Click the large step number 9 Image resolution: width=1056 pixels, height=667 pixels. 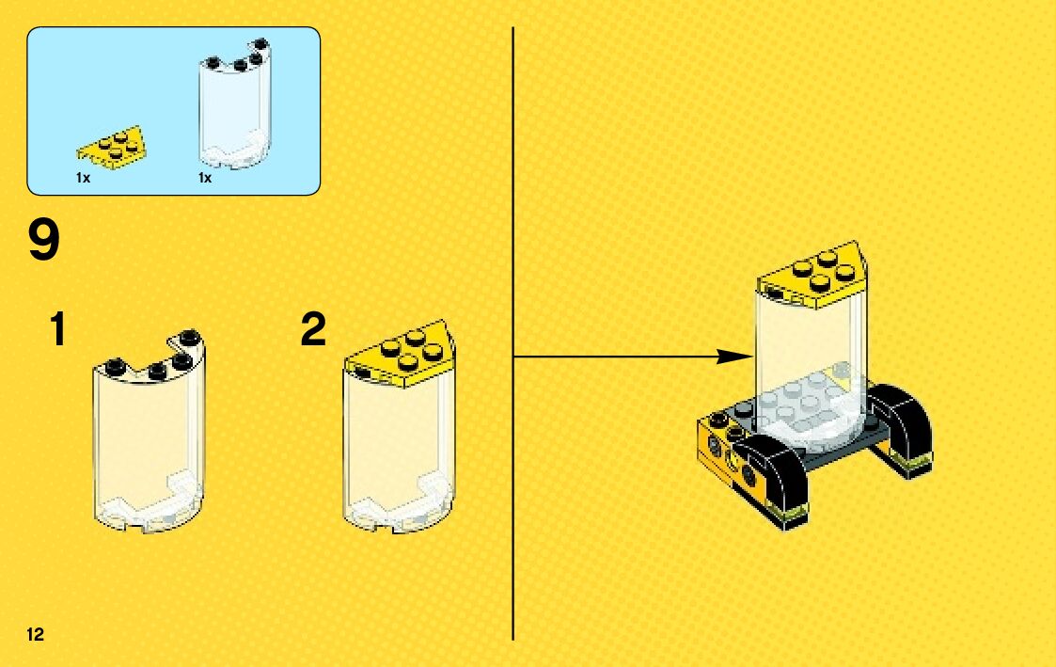(x=44, y=240)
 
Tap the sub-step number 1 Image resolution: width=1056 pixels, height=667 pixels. (x=58, y=330)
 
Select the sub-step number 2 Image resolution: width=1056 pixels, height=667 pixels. (x=313, y=330)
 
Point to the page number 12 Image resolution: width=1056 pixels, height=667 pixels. (x=36, y=633)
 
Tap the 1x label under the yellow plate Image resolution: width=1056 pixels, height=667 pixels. (x=84, y=178)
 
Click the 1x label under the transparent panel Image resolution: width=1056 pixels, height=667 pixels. (x=205, y=178)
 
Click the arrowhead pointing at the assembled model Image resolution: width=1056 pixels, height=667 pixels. (x=737, y=357)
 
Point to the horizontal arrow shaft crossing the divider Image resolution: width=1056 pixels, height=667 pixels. (x=611, y=357)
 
